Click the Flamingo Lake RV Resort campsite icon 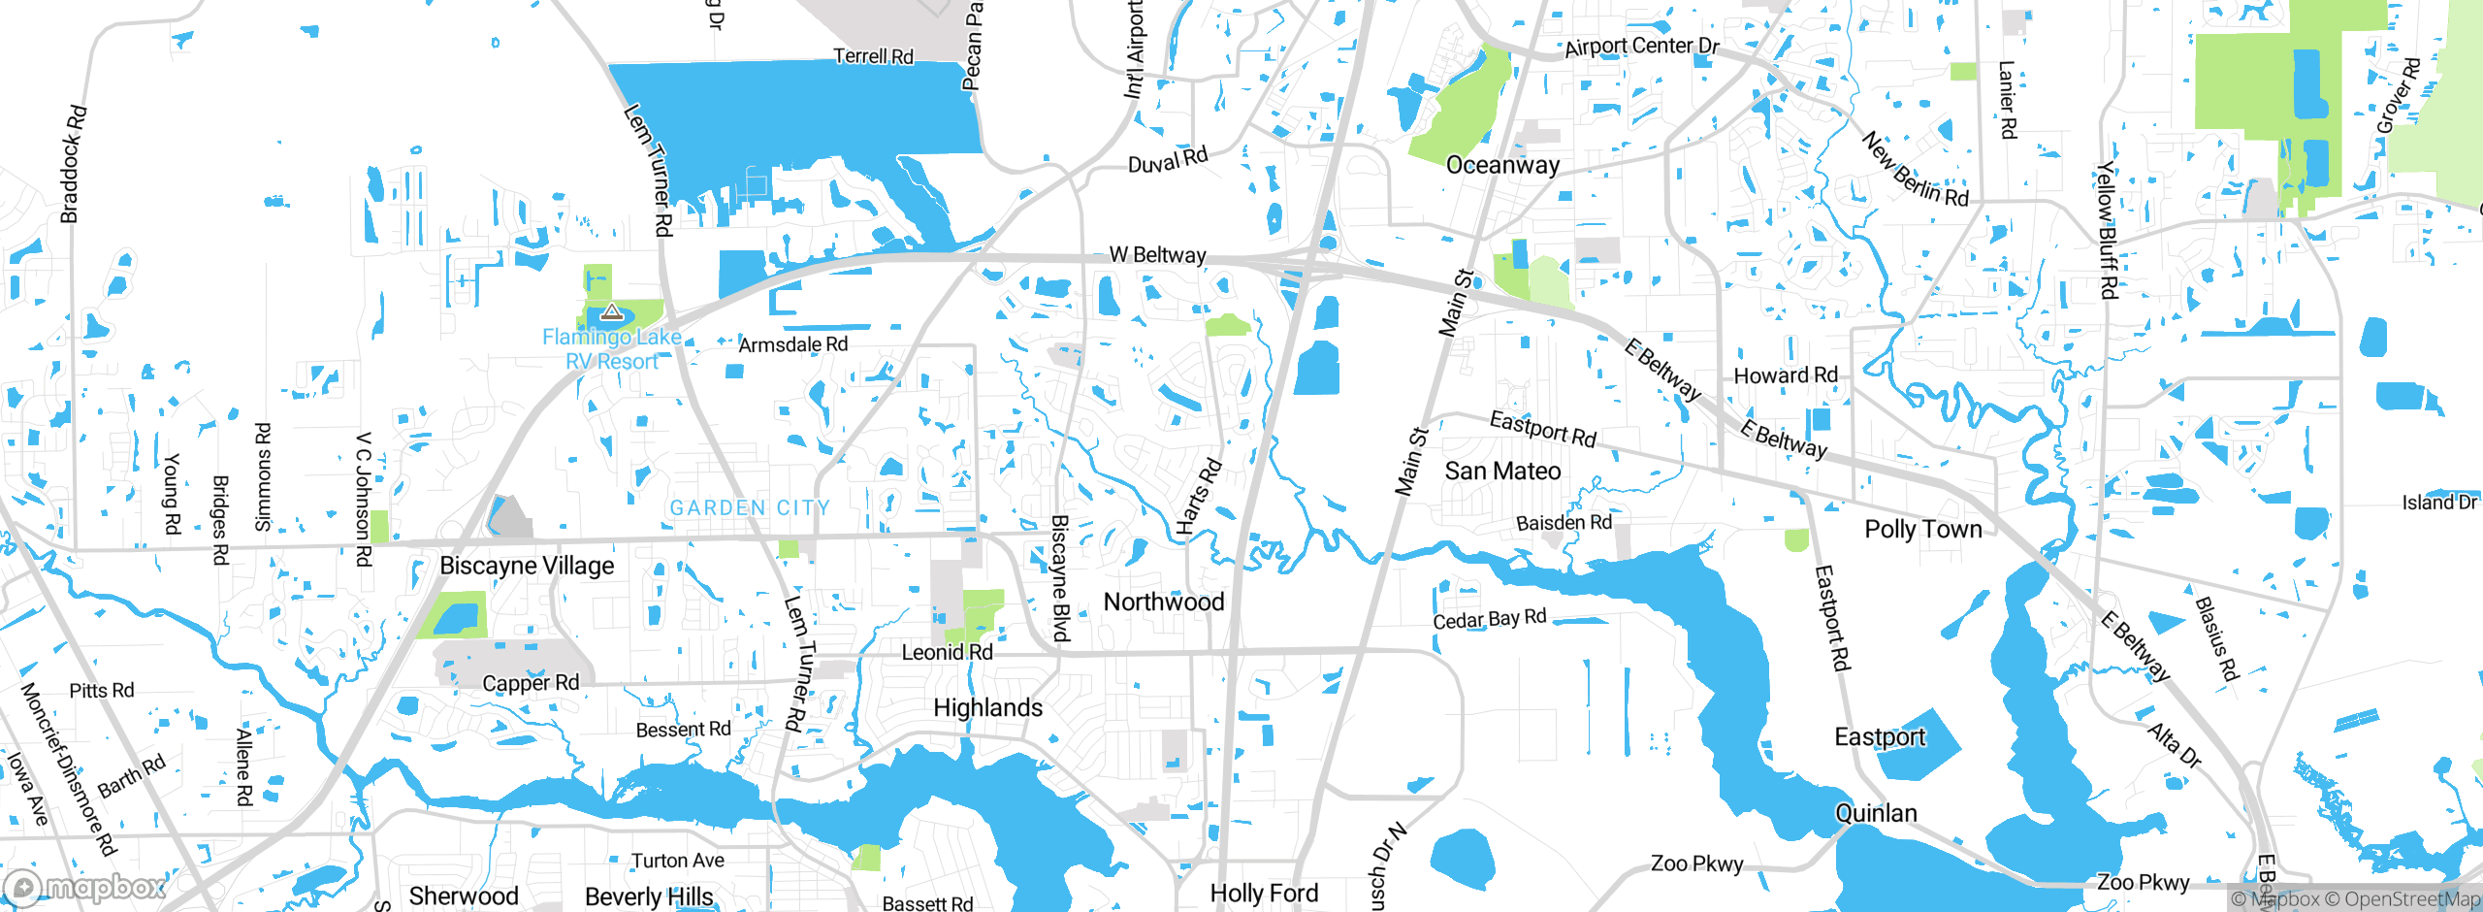coord(611,312)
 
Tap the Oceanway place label coord(1502,165)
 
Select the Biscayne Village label coord(527,566)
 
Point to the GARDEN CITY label coord(750,507)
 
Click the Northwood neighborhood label coord(1164,603)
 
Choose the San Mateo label coord(1502,472)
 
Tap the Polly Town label coord(1923,530)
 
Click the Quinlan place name coord(1876,813)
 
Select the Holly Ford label coord(1264,894)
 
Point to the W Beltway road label coord(1157,255)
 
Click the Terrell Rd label coord(873,56)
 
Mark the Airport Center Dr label coord(1641,46)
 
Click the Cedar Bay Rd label coord(1490,619)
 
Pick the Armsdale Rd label coord(792,344)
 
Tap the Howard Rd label coord(1786,375)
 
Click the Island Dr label coord(2438,503)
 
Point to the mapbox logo coord(85,887)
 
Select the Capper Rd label coord(531,683)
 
